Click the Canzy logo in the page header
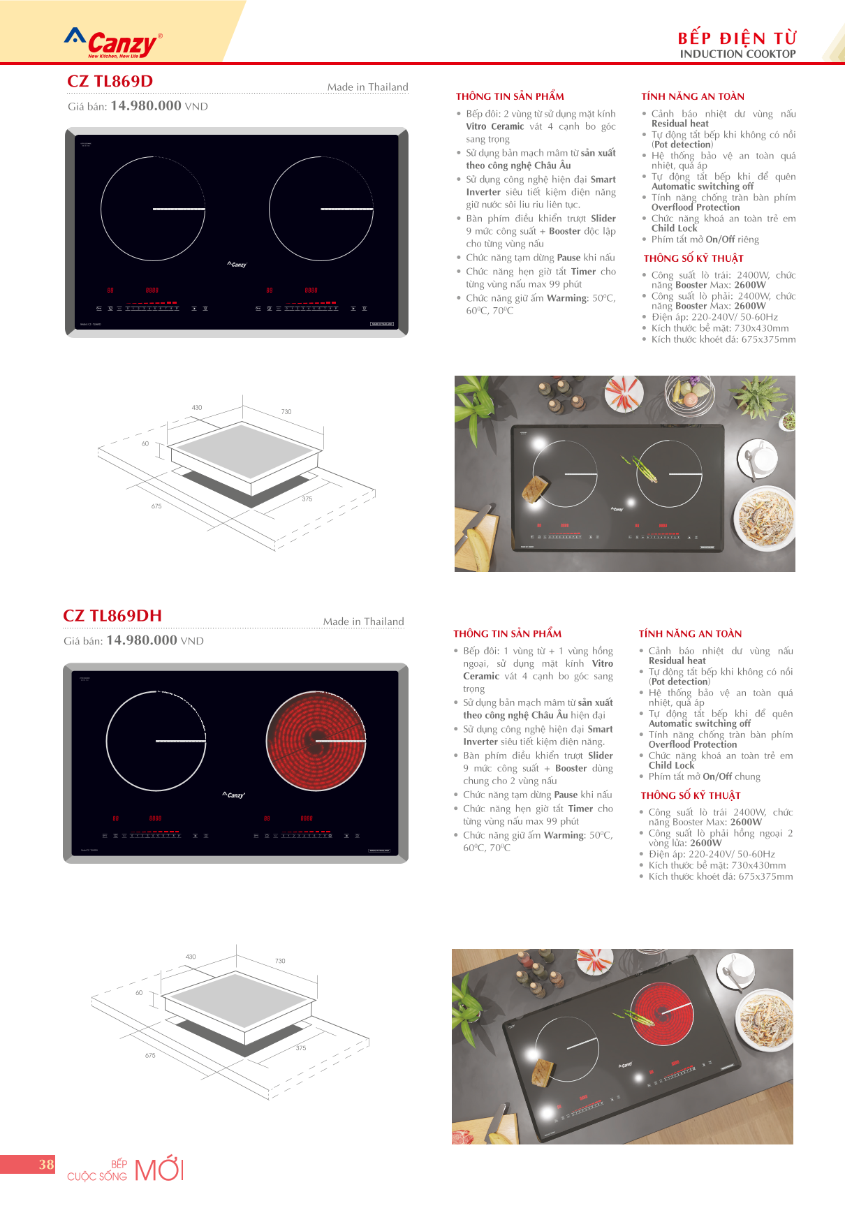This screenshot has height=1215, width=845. click(114, 43)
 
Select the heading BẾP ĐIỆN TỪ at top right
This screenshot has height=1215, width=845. click(737, 38)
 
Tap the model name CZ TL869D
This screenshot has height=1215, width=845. click(110, 82)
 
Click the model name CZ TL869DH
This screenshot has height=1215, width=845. click(112, 616)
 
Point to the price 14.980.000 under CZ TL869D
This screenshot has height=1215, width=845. click(146, 106)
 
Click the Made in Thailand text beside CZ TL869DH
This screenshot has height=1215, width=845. click(363, 621)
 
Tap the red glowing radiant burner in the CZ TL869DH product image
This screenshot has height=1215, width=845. click(316, 741)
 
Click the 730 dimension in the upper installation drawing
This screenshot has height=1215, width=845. click(286, 412)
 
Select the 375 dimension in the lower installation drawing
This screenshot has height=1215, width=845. click(301, 1048)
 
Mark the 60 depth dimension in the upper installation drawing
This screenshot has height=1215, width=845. click(145, 443)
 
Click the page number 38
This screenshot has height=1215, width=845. click(46, 1164)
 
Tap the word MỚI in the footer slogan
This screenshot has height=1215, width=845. click(159, 1170)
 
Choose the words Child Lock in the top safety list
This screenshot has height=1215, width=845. click(674, 228)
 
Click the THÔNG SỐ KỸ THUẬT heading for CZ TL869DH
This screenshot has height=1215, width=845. click(691, 795)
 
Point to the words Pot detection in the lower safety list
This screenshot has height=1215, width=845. click(679, 682)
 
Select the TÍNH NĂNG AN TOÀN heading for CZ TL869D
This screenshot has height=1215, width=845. click(693, 96)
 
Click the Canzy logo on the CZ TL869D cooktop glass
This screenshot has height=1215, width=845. click(237, 265)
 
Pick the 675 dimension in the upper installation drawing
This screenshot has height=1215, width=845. click(156, 506)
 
